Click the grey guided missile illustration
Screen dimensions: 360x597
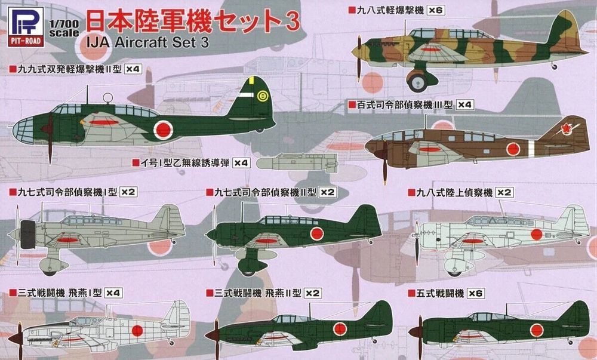pyautogui.click(x=296, y=162)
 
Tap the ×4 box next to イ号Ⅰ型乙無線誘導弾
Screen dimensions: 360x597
pyautogui.click(x=241, y=163)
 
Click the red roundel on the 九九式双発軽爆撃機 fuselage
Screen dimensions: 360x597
pyautogui.click(x=163, y=127)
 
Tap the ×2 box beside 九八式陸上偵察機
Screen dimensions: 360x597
pyautogui.click(x=505, y=192)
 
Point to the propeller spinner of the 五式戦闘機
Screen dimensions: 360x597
pyautogui.click(x=414, y=333)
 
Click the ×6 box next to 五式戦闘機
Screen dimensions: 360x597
pyautogui.click(x=475, y=293)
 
